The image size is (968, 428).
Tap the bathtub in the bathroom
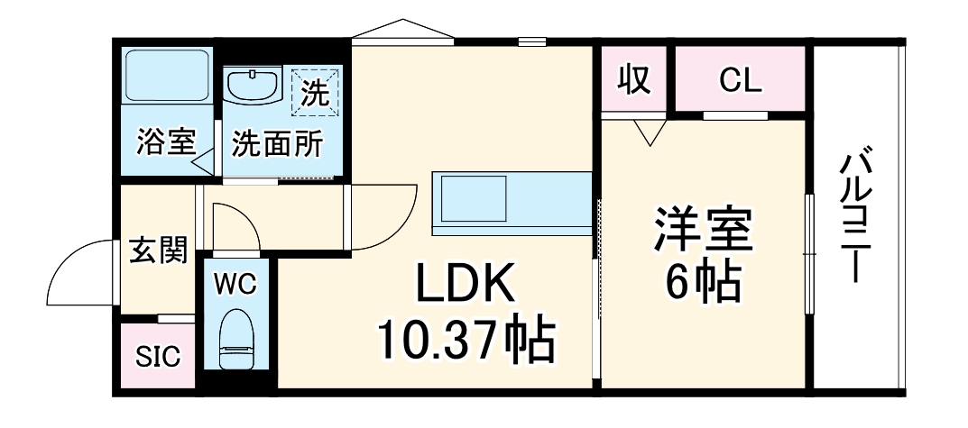(167, 77)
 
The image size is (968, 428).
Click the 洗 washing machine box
(315, 91)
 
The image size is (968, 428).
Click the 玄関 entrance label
(159, 250)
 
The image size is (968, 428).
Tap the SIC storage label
(158, 357)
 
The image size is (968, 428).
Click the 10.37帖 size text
(465, 339)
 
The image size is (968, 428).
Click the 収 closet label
(634, 80)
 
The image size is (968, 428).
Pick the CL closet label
(741, 80)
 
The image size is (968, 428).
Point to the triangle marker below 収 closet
(649, 132)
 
